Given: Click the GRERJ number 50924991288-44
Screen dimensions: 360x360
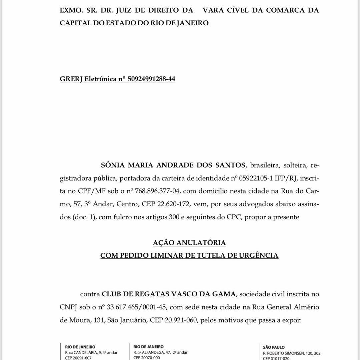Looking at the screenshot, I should coord(151,79).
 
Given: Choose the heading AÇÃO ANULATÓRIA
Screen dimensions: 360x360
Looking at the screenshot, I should coord(189,243).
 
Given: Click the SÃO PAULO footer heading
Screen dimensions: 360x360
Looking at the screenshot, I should coord(274,347).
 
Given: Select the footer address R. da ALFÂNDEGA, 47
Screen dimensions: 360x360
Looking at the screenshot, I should coord(160,352).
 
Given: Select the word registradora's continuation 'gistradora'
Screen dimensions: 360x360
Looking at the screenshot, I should coord(78,178).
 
